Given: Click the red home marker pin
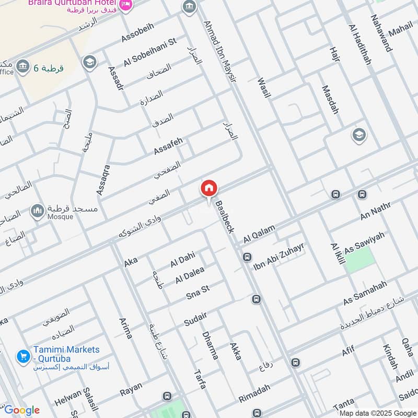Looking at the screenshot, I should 209,189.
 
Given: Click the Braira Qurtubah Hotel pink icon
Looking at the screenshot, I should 126,5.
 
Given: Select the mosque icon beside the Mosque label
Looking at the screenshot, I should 37,211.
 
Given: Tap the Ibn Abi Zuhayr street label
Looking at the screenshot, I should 278,257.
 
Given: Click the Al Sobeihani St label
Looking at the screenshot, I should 150,52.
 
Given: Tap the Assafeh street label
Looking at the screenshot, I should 168,146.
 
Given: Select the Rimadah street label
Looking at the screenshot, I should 254,393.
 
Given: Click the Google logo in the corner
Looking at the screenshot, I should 21,410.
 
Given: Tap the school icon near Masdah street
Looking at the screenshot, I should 359,135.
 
